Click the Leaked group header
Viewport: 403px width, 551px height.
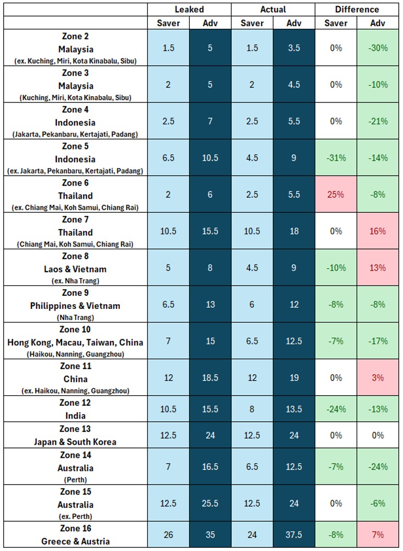point(189,9)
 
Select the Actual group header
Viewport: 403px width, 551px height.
point(272,9)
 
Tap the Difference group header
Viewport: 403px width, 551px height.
point(357,9)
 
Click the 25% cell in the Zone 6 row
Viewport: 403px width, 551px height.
point(336,194)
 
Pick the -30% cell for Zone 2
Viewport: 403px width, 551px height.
point(377,48)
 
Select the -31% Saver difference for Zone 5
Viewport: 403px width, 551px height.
point(336,158)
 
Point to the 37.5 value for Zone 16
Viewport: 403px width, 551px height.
point(294,534)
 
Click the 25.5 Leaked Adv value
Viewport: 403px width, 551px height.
point(210,503)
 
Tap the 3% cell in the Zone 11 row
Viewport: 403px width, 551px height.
point(377,377)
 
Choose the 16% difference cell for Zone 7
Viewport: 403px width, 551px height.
point(377,231)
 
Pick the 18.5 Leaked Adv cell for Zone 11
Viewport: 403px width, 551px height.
point(210,377)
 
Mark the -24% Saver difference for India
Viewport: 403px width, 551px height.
point(336,409)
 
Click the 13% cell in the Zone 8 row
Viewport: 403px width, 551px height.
point(377,268)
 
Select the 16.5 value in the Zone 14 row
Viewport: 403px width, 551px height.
point(210,466)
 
